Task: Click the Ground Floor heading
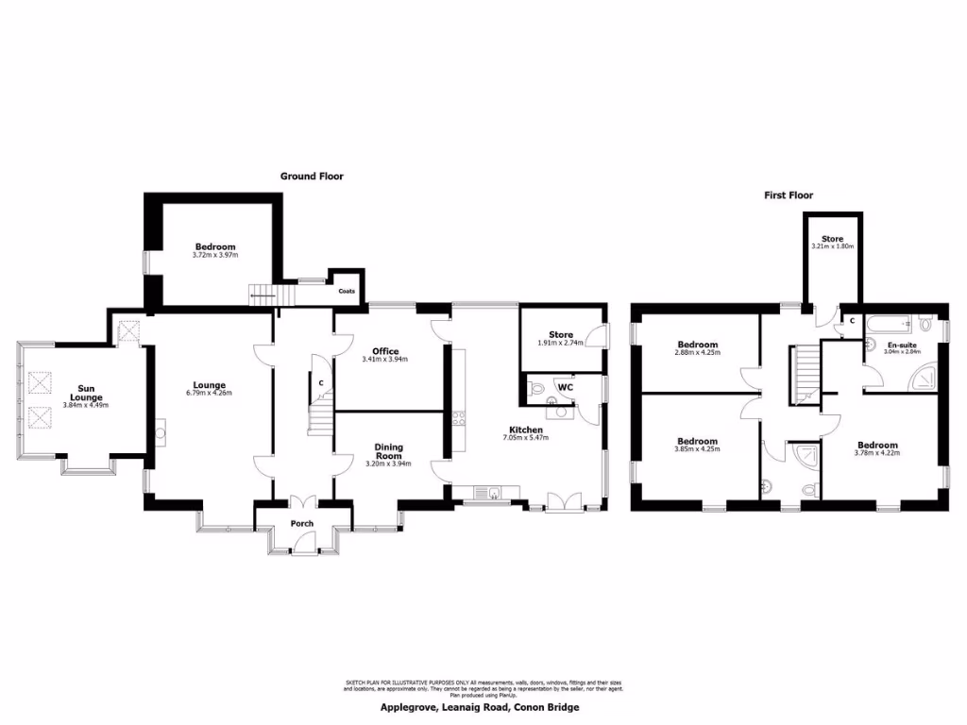312,176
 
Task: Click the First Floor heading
789,195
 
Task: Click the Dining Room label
388,451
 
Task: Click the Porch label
302,523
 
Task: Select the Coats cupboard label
347,291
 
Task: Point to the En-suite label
902,346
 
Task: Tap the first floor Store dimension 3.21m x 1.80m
831,246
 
